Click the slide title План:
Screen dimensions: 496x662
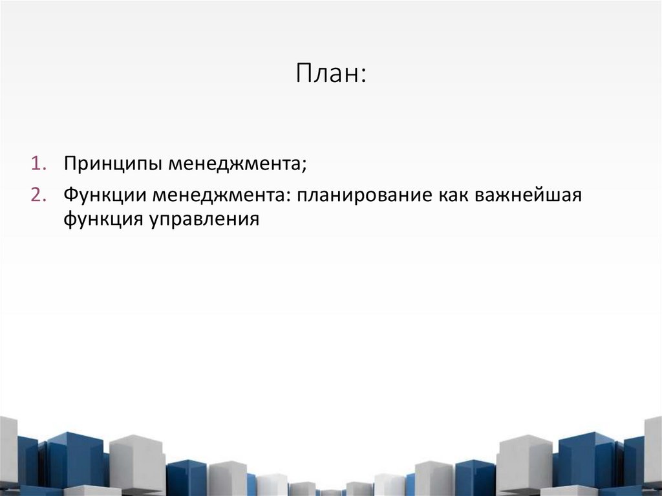pyautogui.click(x=331, y=73)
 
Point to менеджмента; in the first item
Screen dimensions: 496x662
pyautogui.click(x=237, y=163)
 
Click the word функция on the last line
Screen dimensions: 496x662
pyautogui.click(x=103, y=219)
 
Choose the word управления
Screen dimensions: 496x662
pyautogui.click(x=205, y=219)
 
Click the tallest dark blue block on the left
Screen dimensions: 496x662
pyautogui.click(x=74, y=459)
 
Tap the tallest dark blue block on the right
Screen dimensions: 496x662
pyautogui.click(x=585, y=459)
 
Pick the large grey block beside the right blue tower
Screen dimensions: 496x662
pyautogui.click(x=524, y=462)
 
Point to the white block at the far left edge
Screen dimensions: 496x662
pyautogui.click(x=8, y=453)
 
